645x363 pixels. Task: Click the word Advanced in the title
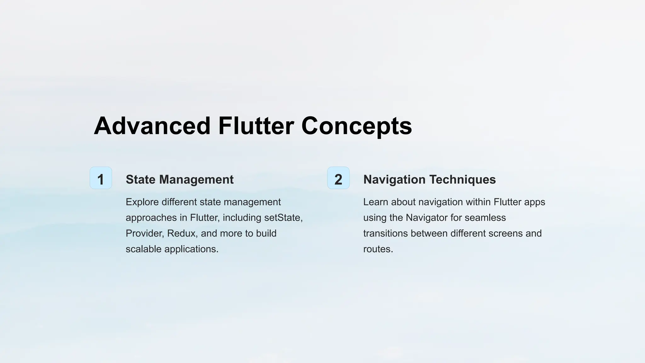tap(152, 126)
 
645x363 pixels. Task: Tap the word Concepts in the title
tap(357, 126)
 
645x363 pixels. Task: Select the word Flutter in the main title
tap(256, 126)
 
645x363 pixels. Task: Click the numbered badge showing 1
tap(101, 178)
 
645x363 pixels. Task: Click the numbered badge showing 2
tap(338, 178)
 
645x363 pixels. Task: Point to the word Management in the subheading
tap(196, 180)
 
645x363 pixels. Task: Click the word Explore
tap(142, 202)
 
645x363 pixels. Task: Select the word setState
tap(283, 218)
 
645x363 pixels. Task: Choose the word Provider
tap(145, 233)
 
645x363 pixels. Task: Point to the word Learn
tap(375, 202)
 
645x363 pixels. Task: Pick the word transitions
tap(385, 233)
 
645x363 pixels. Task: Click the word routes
tap(378, 249)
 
